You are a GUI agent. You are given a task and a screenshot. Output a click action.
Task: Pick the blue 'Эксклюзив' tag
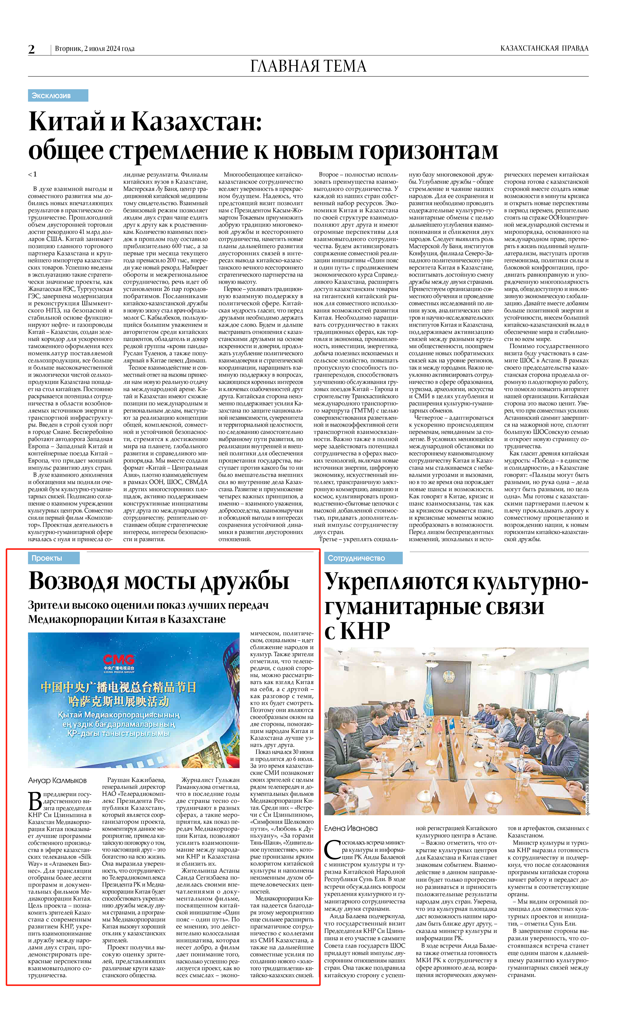pyautogui.click(x=58, y=96)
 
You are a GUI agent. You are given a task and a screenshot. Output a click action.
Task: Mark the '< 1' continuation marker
pyautogui.click(x=32, y=174)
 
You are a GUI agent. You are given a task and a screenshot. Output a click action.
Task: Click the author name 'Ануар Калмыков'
pyautogui.click(x=57, y=781)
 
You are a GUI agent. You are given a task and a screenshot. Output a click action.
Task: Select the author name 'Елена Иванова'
pyautogui.click(x=351, y=828)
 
